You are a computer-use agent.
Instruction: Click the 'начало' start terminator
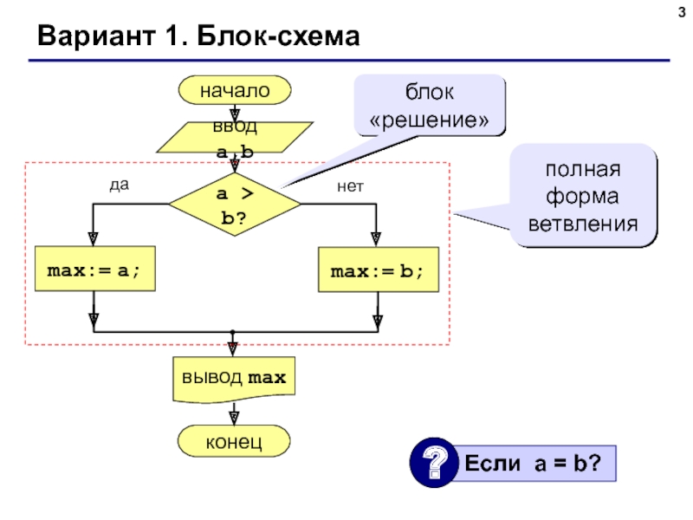point(235,89)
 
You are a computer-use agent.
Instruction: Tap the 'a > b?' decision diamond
point(235,205)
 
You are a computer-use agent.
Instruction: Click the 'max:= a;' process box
point(93,271)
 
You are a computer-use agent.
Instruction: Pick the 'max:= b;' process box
point(377,271)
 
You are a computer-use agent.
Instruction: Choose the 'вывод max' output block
point(234,379)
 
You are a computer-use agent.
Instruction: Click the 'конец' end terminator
point(234,442)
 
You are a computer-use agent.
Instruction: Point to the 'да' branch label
point(119,185)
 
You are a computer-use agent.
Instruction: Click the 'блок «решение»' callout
point(428,106)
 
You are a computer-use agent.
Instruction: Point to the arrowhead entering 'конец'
point(234,418)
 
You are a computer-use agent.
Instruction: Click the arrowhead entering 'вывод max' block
point(234,348)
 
